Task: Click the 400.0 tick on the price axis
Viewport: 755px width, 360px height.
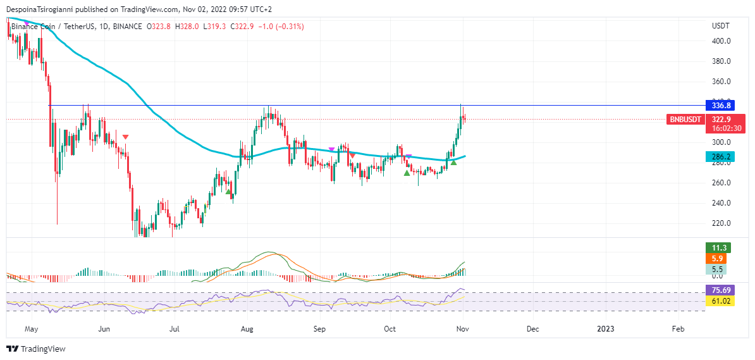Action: tap(721, 41)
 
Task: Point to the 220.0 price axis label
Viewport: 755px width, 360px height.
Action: tap(721, 223)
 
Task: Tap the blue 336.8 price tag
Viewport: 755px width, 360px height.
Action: tap(721, 106)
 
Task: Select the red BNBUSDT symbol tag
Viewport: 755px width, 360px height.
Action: tap(685, 119)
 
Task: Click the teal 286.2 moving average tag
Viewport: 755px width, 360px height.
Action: tap(721, 157)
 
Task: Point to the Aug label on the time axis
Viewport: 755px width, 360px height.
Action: tap(247, 329)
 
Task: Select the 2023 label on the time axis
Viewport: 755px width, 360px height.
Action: tap(606, 329)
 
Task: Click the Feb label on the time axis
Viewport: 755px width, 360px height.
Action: tap(678, 329)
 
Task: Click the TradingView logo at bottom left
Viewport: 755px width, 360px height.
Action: tap(36, 349)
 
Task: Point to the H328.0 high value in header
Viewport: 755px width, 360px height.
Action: tap(187, 27)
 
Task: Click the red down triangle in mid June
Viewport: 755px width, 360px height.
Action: tap(126, 137)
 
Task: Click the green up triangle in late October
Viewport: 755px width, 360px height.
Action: tap(454, 163)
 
